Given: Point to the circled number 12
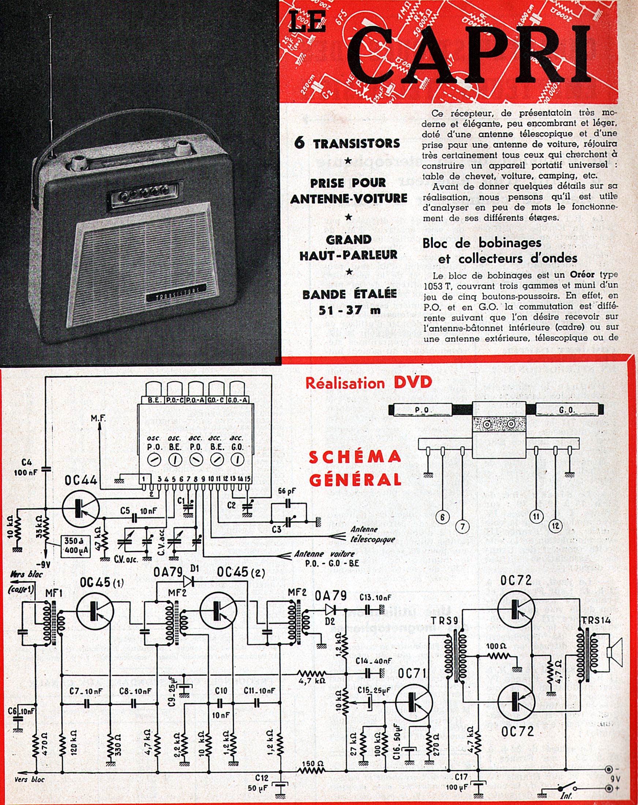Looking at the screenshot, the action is point(555,526).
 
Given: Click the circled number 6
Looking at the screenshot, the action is point(442,517).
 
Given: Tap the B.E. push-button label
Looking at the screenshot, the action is point(154,400).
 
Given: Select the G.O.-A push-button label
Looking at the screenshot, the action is point(238,400).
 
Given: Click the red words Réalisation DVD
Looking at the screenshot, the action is point(369,383).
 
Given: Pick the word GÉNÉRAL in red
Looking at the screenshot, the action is point(355,480).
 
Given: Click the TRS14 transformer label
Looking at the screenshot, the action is point(596,620).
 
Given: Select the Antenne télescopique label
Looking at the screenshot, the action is point(372,534).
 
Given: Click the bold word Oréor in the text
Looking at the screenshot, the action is point(583,274).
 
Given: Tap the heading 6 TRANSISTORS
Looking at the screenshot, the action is point(347,143).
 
